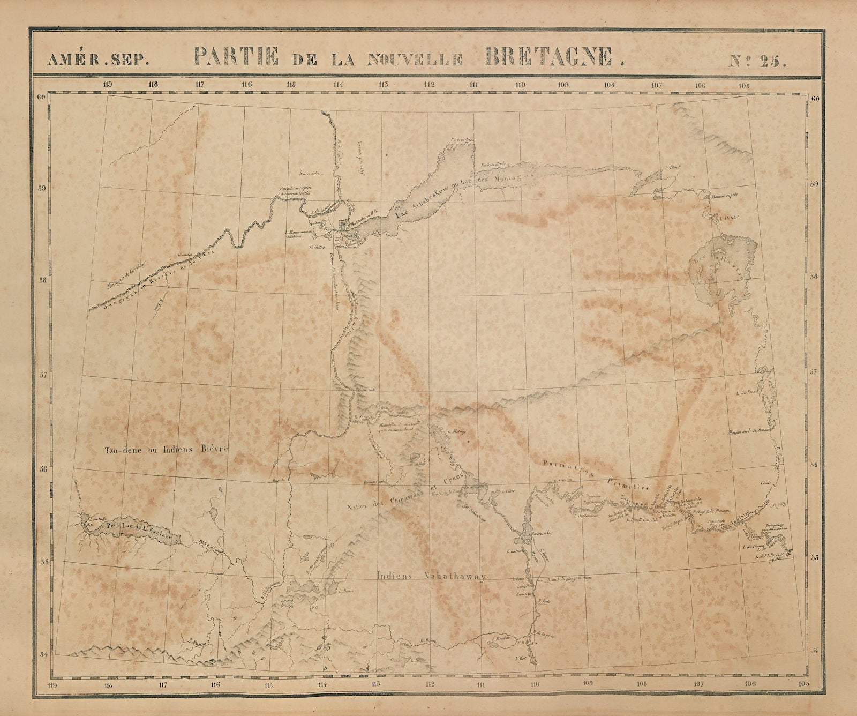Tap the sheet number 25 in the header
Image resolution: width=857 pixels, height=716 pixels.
coord(759,58)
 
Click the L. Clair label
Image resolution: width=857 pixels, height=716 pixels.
coord(508,491)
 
